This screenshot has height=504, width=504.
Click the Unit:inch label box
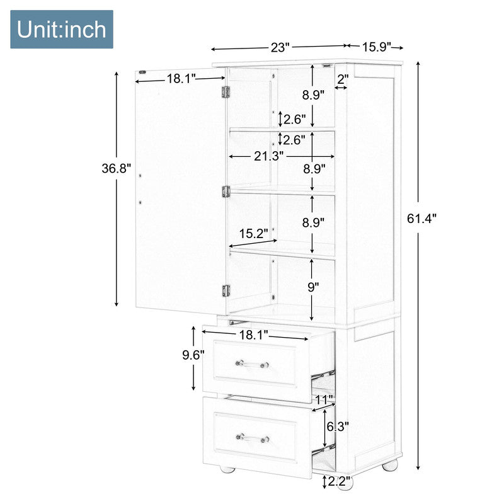tap(62, 29)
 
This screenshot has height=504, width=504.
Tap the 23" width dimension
tap(280, 48)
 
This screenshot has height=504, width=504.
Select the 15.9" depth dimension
tap(377, 47)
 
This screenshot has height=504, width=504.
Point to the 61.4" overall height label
tap(422, 219)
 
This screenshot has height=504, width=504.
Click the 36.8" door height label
tap(117, 168)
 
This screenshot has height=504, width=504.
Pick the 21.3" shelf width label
tap(269, 156)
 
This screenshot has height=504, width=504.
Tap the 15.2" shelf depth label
tap(254, 234)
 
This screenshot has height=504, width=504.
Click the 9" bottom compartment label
tap(313, 287)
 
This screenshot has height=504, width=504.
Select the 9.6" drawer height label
tap(193, 355)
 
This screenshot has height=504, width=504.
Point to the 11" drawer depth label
tap(324, 400)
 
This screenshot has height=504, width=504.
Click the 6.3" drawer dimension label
tap(338, 427)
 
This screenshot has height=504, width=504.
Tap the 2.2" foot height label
tap(339, 481)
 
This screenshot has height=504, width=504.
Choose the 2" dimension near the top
tap(343, 78)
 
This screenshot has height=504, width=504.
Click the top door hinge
tap(226, 91)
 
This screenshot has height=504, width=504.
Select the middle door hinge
tap(226, 192)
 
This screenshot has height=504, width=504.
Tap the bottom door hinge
tap(226, 290)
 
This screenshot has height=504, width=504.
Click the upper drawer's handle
tap(253, 364)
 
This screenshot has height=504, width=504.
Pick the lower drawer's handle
tap(253, 438)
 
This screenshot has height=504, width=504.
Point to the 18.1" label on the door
tap(181, 78)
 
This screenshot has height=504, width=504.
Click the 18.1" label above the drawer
tap(254, 335)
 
